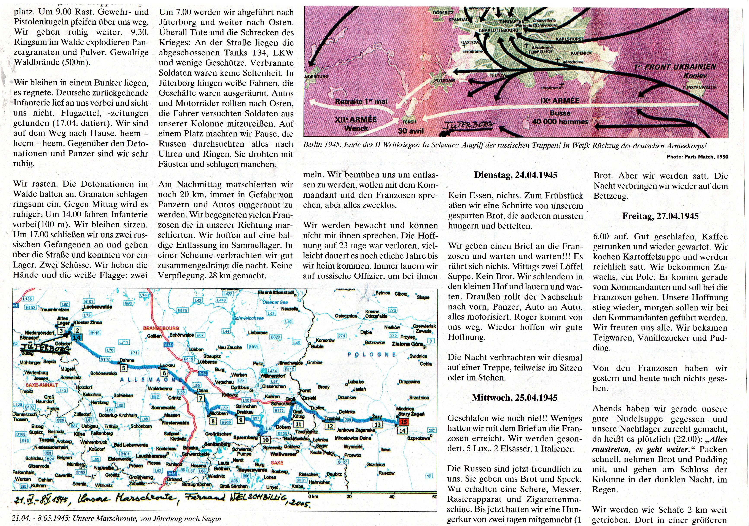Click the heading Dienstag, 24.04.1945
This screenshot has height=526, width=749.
click(515, 175)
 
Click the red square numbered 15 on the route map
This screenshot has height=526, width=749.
click(404, 422)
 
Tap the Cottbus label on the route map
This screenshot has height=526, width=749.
click(240, 388)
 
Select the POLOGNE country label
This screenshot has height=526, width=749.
click(372, 355)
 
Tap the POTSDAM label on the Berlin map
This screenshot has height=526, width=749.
click(444, 80)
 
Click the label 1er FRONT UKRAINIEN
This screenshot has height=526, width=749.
click(675, 67)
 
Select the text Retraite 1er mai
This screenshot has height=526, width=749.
click(361, 101)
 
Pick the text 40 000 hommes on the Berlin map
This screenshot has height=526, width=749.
click(560, 122)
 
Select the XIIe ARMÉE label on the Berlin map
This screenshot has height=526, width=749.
click(356, 120)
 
